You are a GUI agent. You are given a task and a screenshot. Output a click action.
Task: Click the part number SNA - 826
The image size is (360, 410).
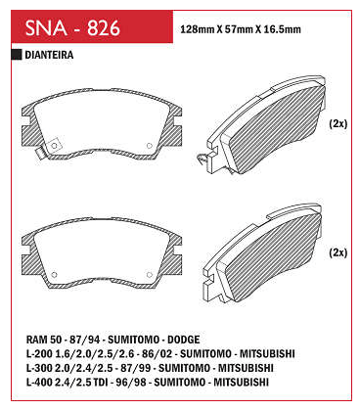(72, 27)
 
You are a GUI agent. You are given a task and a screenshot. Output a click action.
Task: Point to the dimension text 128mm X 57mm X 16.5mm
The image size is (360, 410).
(241, 29)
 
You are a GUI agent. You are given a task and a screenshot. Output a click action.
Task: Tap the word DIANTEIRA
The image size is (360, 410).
(49, 55)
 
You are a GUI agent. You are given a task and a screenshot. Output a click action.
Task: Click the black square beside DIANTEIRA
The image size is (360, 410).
(17, 55)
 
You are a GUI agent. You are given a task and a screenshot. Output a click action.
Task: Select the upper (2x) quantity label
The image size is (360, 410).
(338, 123)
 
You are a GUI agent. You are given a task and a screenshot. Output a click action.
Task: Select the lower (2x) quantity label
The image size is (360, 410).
(338, 252)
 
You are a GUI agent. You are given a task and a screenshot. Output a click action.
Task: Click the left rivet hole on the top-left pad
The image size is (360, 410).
(55, 146)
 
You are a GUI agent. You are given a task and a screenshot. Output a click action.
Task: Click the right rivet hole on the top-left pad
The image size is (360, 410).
(150, 146)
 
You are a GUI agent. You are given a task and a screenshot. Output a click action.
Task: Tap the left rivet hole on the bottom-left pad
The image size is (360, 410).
(55, 275)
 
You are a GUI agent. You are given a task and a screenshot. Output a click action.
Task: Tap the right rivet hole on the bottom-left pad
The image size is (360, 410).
(150, 275)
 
